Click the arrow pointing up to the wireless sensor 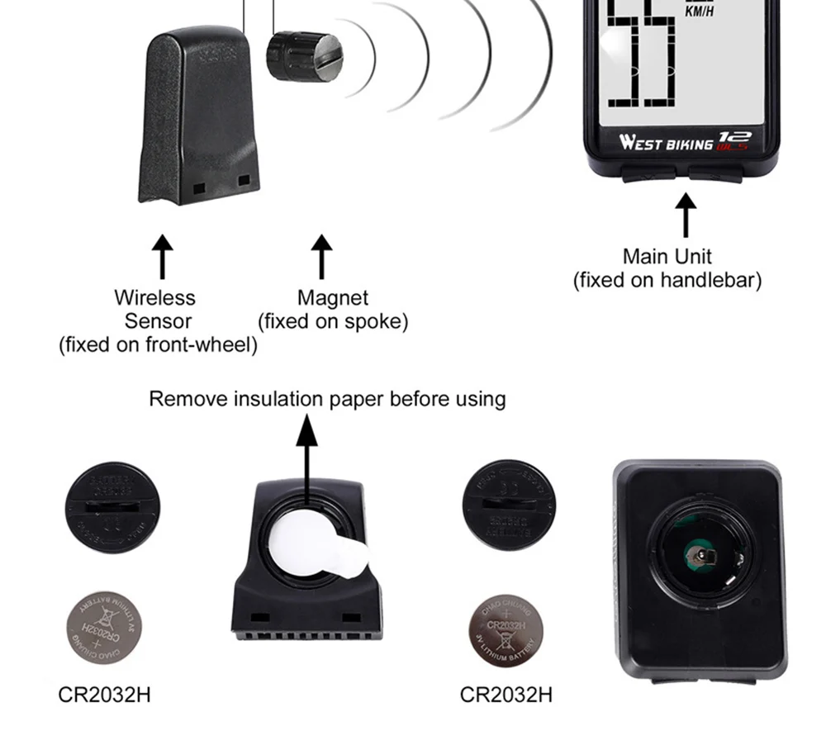(163, 256)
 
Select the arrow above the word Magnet (321, 256)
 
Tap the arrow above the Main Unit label (685, 214)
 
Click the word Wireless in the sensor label (154, 297)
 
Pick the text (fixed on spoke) (333, 321)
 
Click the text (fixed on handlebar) (667, 280)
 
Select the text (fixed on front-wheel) (158, 344)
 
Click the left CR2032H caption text (104, 694)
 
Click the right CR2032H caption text (506, 694)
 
